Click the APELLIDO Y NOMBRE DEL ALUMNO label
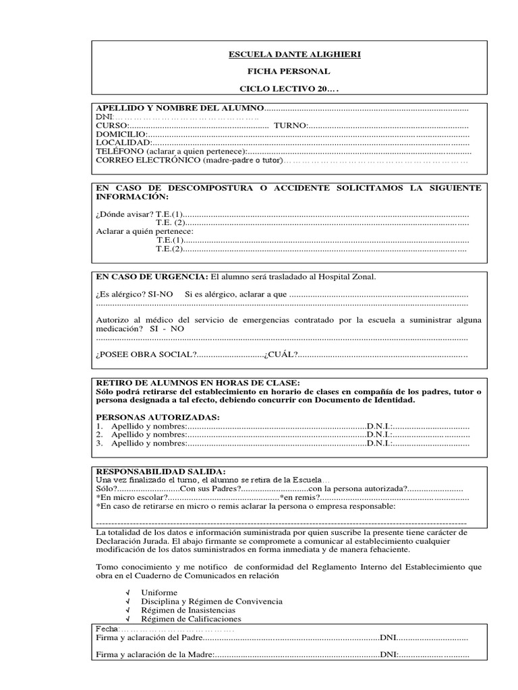pyautogui.click(x=179, y=108)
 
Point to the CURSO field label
pyautogui.click(x=111, y=125)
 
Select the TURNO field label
pyautogui.click(x=289, y=125)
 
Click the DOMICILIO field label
pyautogui.click(x=121, y=134)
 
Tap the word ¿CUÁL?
pyautogui.click(x=281, y=354)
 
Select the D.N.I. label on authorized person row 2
pyautogui.click(x=378, y=435)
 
